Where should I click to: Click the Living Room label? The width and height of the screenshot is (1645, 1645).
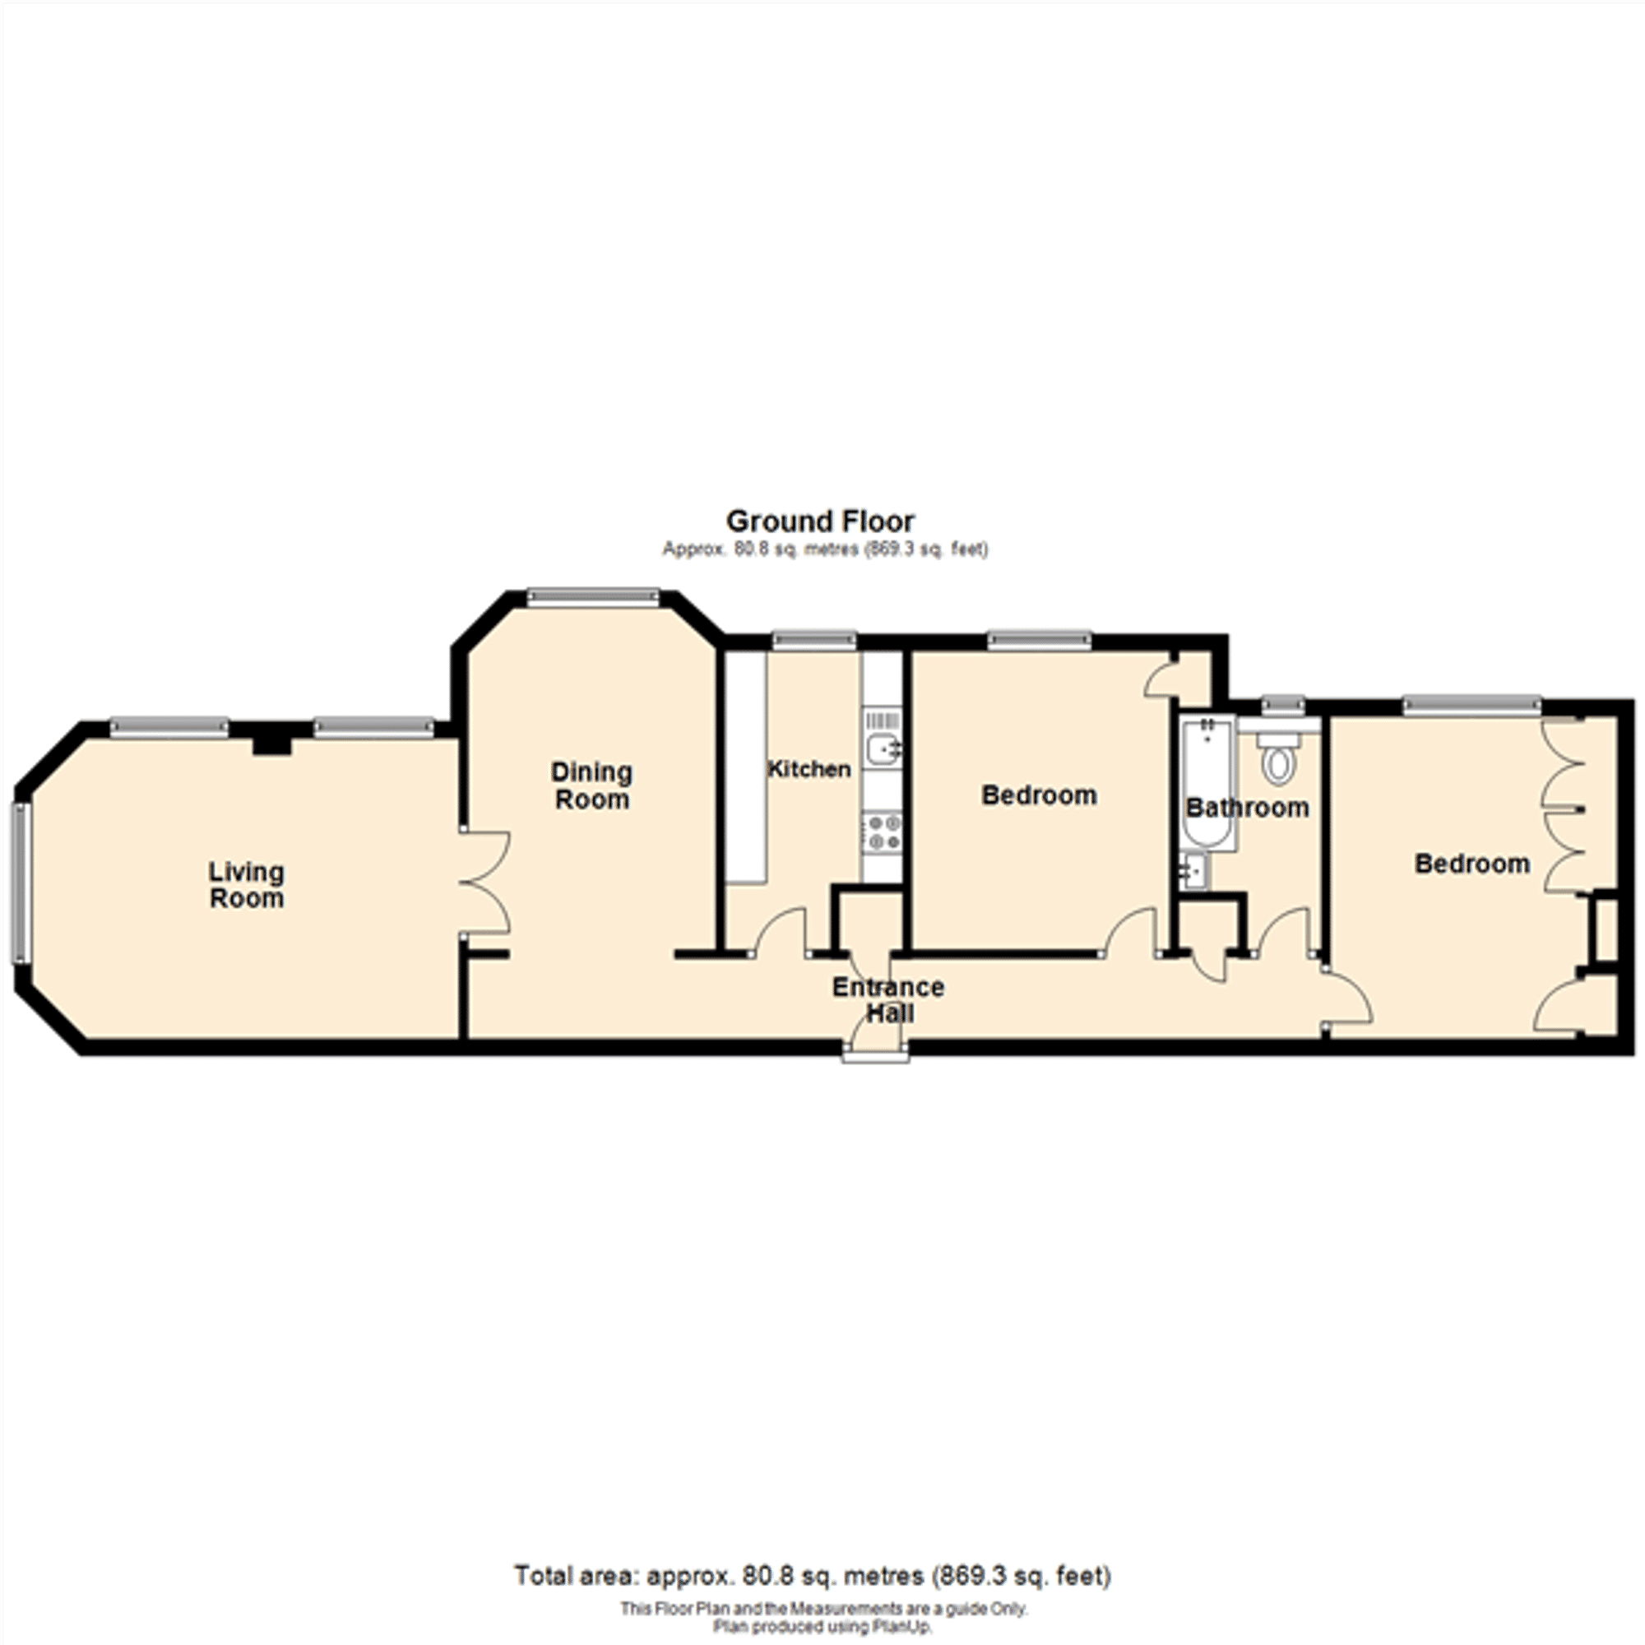click(x=246, y=885)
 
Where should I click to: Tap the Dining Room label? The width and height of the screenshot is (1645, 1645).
click(x=591, y=785)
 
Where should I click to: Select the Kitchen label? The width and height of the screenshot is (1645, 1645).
click(x=809, y=770)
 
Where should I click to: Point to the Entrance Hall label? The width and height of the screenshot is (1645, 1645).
click(x=888, y=999)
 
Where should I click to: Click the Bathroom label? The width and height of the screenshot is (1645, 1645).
click(x=1248, y=807)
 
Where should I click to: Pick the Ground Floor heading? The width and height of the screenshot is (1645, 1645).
click(x=820, y=521)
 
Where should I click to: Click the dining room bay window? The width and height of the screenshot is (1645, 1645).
click(x=592, y=596)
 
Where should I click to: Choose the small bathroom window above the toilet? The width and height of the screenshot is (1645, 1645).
click(x=1282, y=704)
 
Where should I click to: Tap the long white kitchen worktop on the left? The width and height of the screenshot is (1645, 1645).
click(x=747, y=767)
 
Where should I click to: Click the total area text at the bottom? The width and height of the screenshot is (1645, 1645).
click(x=813, y=1576)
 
